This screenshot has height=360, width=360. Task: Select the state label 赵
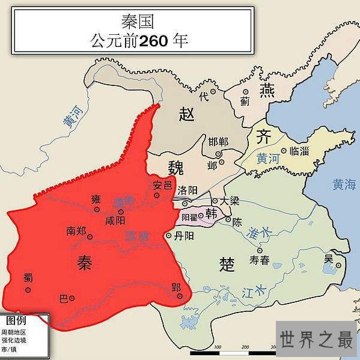point(188,114)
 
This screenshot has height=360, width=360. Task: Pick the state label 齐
point(263,136)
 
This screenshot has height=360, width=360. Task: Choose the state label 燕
point(266,90)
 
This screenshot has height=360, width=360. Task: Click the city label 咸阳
point(115,221)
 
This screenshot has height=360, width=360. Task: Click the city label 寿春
point(260,261)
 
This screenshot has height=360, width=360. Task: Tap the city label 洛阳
point(188,189)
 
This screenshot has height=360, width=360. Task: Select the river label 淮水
point(260,231)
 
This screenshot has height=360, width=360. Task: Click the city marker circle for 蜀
point(28,290)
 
